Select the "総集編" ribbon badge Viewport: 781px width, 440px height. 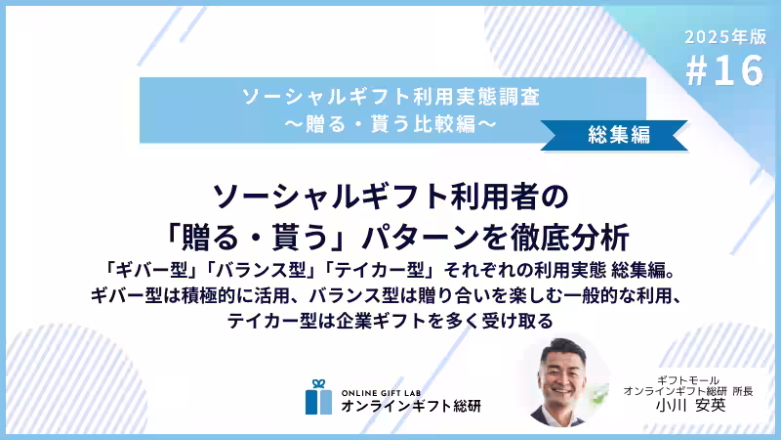(x=620, y=135)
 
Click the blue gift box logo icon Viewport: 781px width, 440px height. (x=318, y=396)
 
